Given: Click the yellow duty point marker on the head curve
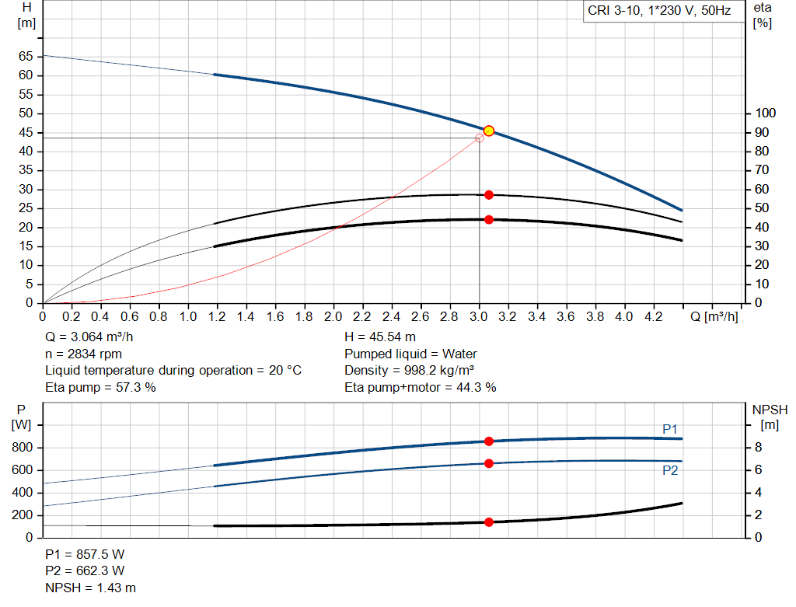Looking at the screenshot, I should point(489,131).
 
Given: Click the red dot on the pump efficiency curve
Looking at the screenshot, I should point(489,195).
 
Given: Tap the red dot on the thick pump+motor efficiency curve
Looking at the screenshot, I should point(489,220).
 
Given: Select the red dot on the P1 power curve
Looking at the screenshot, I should point(489,441).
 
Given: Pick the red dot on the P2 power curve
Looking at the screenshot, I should point(489,463).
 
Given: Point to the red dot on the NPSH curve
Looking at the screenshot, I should point(489,522).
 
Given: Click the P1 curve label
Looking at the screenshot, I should point(670,429).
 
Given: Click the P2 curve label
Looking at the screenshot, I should point(670,470).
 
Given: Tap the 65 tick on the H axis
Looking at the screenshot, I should point(26,57).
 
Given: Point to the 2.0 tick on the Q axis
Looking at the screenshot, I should point(333,317).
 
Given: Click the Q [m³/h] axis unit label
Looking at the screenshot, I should point(714,317).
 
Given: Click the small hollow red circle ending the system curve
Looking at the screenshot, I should point(479,138).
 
